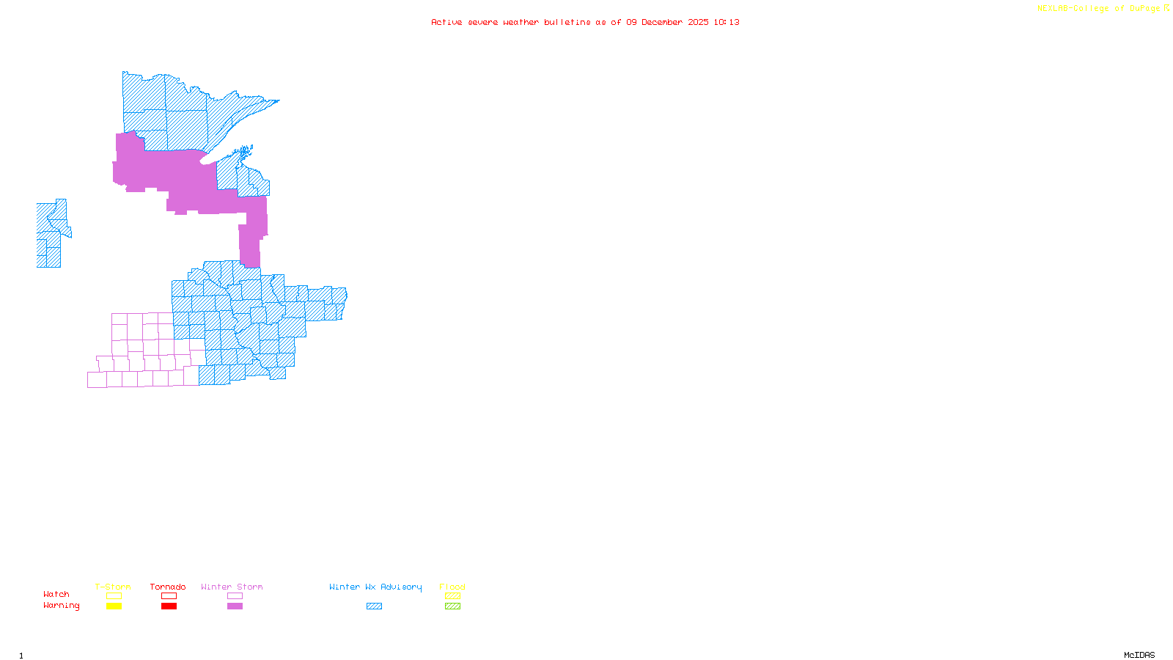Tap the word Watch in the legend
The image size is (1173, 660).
pyautogui.click(x=56, y=594)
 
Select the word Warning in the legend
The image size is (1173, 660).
pyautogui.click(x=61, y=606)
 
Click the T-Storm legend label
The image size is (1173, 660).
pyautogui.click(x=113, y=587)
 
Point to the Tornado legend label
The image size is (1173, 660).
pyautogui.click(x=168, y=587)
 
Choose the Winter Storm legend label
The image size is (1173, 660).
pyautogui.click(x=232, y=587)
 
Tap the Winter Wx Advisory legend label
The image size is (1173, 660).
pyautogui.click(x=375, y=587)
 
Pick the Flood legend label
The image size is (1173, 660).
pyautogui.click(x=452, y=587)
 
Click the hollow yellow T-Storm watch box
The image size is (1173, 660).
pyautogui.click(x=114, y=596)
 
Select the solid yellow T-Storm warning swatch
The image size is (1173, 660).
pyautogui.click(x=114, y=606)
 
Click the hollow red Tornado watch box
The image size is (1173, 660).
pyautogui.click(x=169, y=596)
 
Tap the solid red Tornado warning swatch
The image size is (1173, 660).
pyautogui.click(x=169, y=606)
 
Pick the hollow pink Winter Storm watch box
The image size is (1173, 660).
pyautogui.click(x=235, y=596)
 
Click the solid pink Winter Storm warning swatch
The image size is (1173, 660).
pyautogui.click(x=235, y=606)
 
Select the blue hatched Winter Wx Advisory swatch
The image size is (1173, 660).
pyautogui.click(x=374, y=606)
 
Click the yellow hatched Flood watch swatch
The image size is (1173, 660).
pyautogui.click(x=452, y=596)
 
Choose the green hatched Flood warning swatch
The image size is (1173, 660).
pyautogui.click(x=452, y=606)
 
